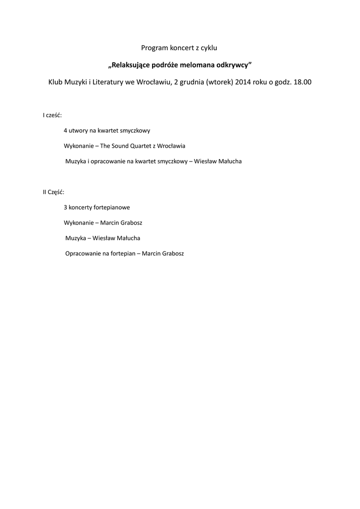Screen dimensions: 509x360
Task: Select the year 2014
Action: (243, 82)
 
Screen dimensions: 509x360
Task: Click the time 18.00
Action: (303, 82)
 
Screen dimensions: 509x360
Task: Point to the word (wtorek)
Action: (218, 82)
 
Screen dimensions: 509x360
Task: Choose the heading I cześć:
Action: (52, 115)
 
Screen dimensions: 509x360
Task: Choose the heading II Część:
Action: (54, 192)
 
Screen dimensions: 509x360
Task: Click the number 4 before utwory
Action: (65, 131)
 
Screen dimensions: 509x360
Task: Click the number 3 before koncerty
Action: (65, 207)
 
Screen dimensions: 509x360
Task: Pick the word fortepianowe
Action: (112, 207)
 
